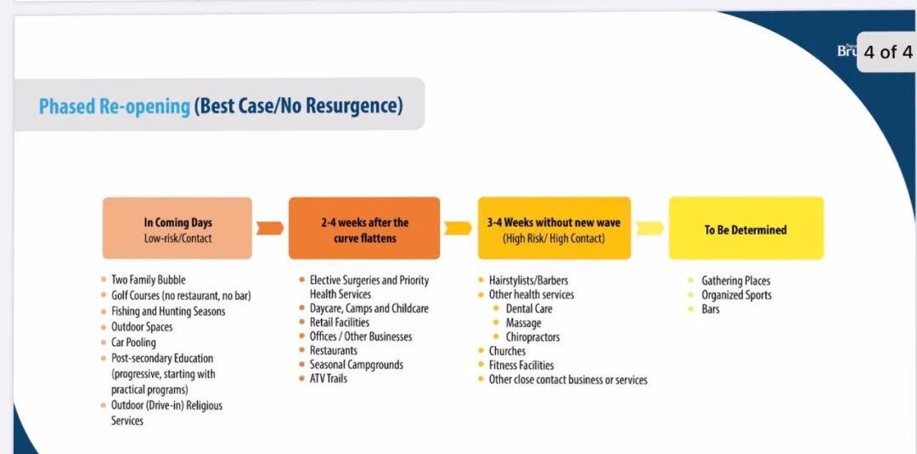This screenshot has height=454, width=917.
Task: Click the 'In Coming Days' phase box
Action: click(x=177, y=229)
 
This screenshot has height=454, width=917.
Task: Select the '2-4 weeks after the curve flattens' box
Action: click(x=363, y=229)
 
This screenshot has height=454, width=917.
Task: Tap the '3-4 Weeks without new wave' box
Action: click(x=554, y=229)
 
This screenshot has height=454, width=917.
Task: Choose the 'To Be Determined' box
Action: click(x=745, y=229)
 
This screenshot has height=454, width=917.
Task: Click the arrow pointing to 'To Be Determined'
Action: click(x=650, y=229)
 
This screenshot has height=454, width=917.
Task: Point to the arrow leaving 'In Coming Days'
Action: click(x=270, y=229)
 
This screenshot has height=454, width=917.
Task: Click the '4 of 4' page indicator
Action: click(x=887, y=52)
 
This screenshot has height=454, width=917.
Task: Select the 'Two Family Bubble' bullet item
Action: click(x=148, y=280)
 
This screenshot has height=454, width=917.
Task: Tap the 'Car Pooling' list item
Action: click(x=133, y=342)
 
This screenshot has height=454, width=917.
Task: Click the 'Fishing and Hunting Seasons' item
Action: click(x=168, y=311)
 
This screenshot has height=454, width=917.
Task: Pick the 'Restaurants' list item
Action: click(x=334, y=350)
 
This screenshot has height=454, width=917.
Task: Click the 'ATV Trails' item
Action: click(x=328, y=378)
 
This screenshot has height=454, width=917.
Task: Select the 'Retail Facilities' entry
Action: click(x=339, y=322)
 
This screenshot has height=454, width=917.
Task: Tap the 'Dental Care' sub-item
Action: click(x=529, y=309)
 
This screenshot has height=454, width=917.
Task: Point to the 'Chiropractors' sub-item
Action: click(x=532, y=337)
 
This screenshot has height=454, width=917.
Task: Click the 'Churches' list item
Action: click(x=507, y=351)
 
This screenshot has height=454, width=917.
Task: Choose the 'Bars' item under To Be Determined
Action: click(x=711, y=309)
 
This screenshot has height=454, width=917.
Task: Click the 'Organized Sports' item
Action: click(x=736, y=295)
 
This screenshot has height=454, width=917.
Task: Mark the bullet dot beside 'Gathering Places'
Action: click(x=690, y=281)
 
